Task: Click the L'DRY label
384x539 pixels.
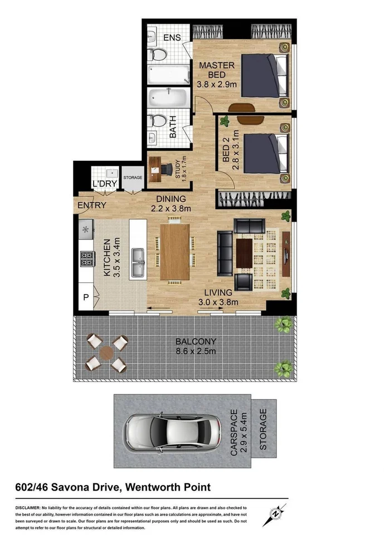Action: pos(104,184)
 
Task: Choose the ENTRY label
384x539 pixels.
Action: pos(92,205)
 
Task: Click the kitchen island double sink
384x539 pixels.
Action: pos(138,262)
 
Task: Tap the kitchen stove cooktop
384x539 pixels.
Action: pos(86,259)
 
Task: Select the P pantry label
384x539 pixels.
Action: pos(86,298)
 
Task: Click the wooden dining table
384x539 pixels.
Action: pos(174,251)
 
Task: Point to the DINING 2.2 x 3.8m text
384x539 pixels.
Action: pos(171,204)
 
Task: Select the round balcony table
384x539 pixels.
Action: pos(106,352)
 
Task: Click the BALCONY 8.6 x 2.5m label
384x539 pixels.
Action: pos(196,346)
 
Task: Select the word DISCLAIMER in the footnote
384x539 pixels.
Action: pos(27,508)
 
